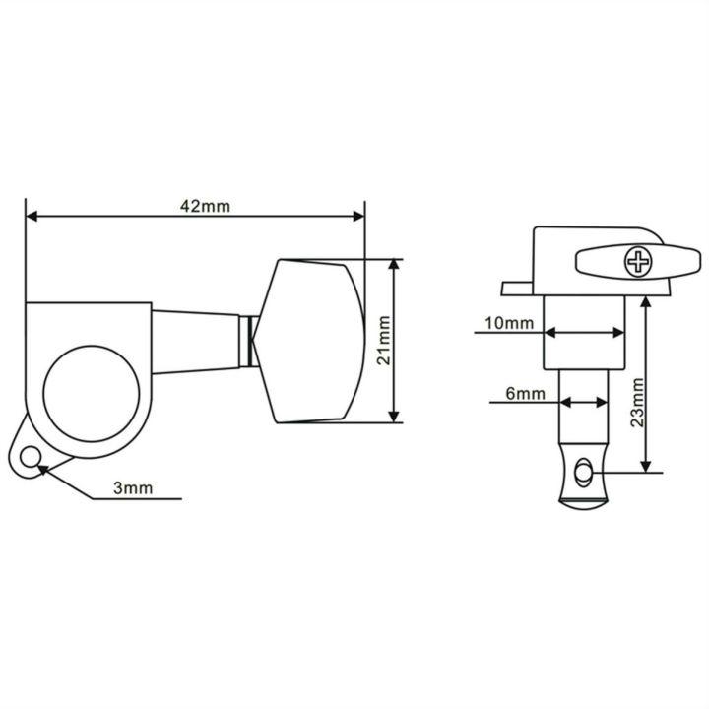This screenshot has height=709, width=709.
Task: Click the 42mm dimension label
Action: tap(205, 206)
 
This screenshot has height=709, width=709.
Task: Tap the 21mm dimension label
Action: tap(384, 341)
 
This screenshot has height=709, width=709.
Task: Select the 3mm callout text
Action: tap(133, 488)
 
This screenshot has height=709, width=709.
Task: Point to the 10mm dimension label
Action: tap(509, 323)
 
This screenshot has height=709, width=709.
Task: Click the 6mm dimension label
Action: tap(525, 394)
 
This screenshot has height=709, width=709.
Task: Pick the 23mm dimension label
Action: tap(637, 403)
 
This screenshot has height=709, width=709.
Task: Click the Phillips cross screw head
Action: tap(638, 261)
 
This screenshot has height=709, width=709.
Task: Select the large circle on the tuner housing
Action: tap(92, 394)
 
